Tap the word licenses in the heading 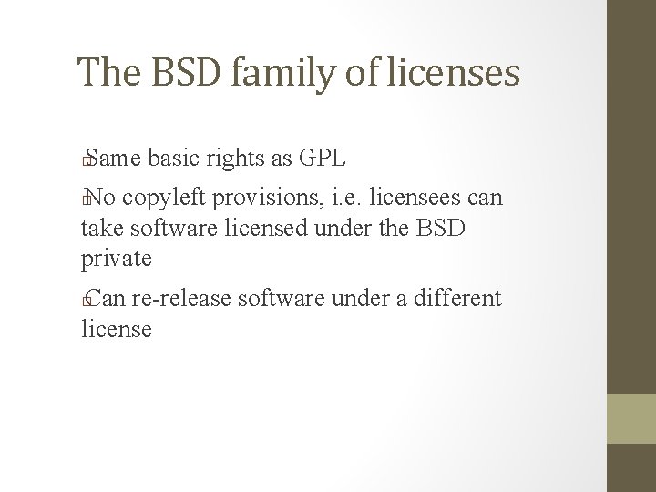point(456,71)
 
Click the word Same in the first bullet point(114,159)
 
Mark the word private point(117,259)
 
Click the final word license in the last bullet point(117,328)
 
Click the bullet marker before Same point(86,161)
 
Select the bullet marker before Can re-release point(86,301)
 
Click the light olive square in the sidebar point(630,418)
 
